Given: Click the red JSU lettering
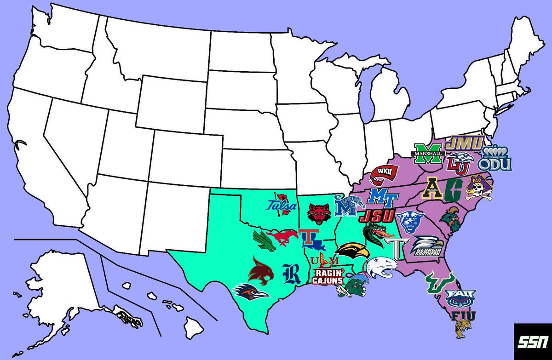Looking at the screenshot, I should click(x=377, y=216).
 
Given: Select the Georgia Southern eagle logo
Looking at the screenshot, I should click(x=427, y=246).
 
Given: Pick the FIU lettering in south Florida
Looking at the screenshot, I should click(x=464, y=316).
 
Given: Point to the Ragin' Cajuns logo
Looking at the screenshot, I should click(x=328, y=276).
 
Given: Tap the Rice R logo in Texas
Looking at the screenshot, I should click(x=291, y=274).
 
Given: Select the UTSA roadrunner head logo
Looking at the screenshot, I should click(x=251, y=291).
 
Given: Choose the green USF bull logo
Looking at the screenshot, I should click(x=439, y=280).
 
